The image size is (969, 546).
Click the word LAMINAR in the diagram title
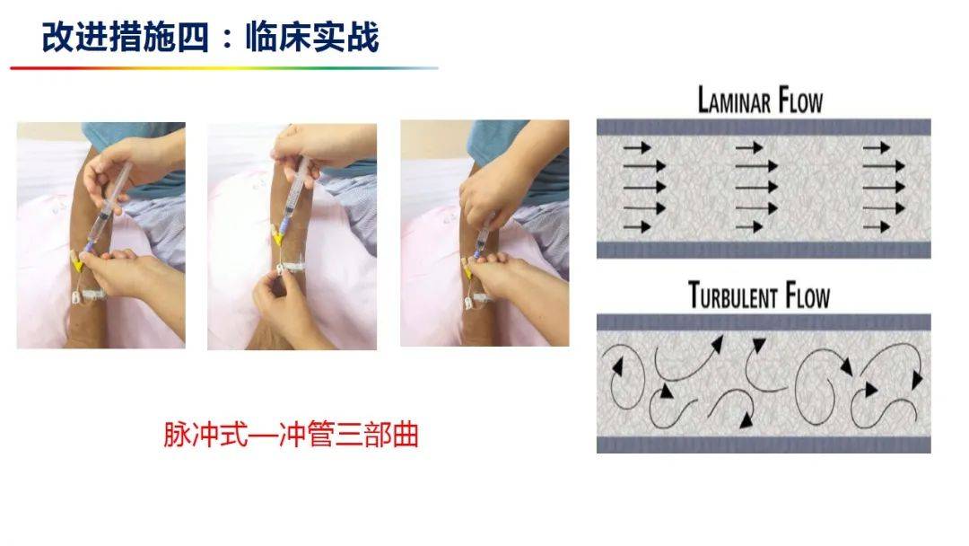[734, 101]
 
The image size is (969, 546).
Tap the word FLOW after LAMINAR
[801, 101]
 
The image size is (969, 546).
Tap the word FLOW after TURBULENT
[807, 295]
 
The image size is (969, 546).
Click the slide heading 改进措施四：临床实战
[210, 37]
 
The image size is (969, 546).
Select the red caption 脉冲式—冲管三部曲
[291, 434]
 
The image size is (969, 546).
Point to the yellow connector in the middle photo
[278, 235]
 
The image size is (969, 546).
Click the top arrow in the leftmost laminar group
[637, 147]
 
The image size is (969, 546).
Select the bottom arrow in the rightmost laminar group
[877, 227]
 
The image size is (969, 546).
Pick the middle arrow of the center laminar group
[755, 187]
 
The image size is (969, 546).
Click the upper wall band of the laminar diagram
[764, 127]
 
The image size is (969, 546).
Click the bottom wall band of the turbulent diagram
[764, 445]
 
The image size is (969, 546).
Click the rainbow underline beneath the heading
[224, 68]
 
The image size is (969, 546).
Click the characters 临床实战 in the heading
[312, 37]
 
